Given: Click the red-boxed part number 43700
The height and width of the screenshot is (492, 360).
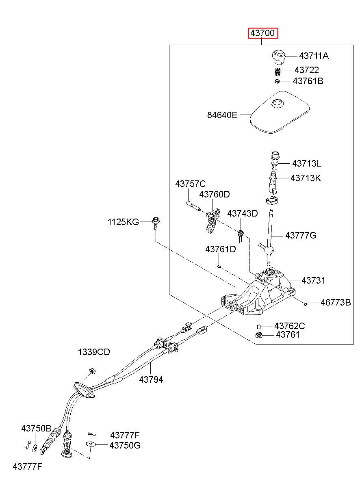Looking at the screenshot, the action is click(x=263, y=33).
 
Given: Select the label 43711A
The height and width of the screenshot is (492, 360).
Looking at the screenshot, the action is click(x=314, y=56).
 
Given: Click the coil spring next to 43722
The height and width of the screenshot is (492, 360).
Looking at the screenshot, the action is click(x=278, y=72).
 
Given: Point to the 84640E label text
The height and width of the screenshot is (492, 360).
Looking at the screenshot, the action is click(x=222, y=115).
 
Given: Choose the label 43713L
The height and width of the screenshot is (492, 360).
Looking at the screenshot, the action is click(x=307, y=163).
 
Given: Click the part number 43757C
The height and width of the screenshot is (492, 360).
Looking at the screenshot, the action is click(x=191, y=184).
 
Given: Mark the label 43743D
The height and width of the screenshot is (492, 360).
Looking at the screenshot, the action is click(x=243, y=213).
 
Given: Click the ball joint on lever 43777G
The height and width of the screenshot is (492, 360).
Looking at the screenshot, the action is click(x=269, y=250).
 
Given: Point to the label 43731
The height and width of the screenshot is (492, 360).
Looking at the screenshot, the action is click(x=313, y=280).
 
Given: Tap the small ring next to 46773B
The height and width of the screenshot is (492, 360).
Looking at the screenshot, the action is click(x=306, y=304).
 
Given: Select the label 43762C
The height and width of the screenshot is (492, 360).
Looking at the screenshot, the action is click(x=290, y=326).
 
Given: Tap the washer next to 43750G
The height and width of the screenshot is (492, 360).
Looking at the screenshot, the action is click(x=90, y=444).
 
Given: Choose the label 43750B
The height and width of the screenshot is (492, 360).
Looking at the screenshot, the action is click(x=36, y=428).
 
